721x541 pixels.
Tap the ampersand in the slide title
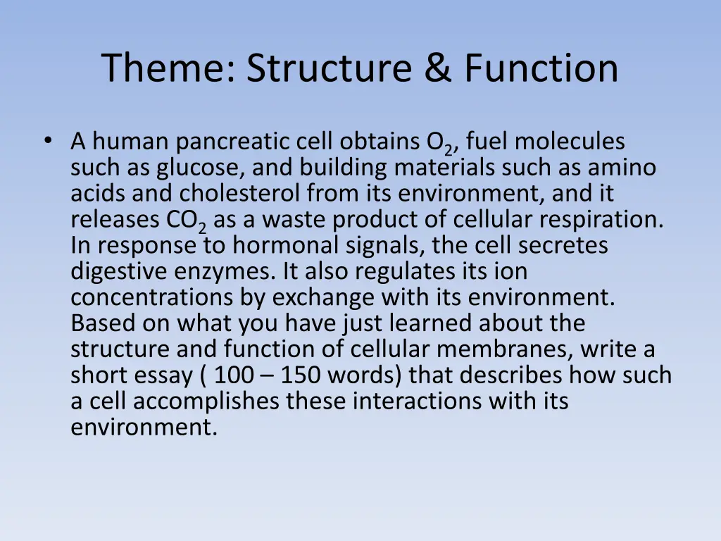437,68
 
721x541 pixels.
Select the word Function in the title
541,68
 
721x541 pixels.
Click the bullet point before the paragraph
47,141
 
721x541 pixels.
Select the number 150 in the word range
300,375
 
